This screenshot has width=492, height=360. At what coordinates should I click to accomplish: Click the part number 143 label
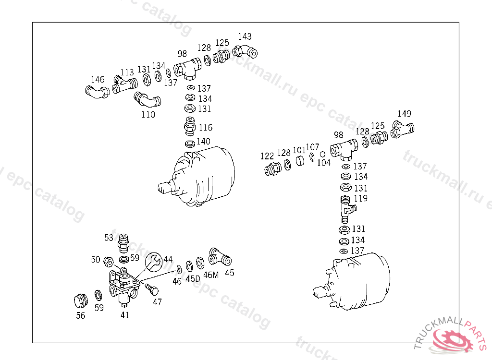tap(245, 36)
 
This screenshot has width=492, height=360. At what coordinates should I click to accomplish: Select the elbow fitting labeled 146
tap(97, 92)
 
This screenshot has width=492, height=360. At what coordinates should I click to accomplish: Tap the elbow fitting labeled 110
tap(147, 100)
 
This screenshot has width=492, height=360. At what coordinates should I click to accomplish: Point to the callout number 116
tap(206, 127)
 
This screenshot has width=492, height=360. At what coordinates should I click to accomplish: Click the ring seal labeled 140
tap(190, 144)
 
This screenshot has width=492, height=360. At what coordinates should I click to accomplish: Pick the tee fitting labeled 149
tap(402, 130)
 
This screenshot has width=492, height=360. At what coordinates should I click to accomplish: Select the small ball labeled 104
tap(322, 154)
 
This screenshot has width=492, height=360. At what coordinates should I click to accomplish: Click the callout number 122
tap(267, 156)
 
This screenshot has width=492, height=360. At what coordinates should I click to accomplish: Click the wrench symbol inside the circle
tap(154, 262)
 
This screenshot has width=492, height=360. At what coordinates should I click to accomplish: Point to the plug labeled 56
tap(81, 301)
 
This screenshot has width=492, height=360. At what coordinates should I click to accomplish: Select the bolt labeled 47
tap(152, 289)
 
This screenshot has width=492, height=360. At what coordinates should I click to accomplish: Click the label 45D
tap(193, 278)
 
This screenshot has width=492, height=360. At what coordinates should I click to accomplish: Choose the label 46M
tap(211, 275)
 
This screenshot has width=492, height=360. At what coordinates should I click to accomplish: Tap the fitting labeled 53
tap(123, 243)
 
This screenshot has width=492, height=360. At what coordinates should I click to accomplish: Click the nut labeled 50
tap(109, 261)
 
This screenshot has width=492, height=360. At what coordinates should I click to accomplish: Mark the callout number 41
tap(125, 315)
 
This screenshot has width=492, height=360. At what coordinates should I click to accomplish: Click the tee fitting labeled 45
tap(220, 257)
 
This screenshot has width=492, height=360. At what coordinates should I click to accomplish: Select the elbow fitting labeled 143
tap(245, 51)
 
